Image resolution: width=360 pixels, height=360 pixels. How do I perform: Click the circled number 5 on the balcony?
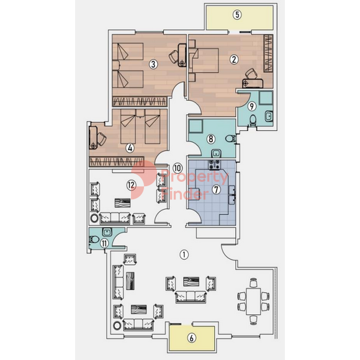[237, 15]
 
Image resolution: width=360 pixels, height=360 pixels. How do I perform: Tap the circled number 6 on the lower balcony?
[192, 338]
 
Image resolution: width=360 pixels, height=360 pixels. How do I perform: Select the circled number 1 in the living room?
[184, 254]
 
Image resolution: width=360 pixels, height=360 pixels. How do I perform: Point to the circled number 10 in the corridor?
[178, 168]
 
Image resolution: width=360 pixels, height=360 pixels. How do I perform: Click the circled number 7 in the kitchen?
[216, 190]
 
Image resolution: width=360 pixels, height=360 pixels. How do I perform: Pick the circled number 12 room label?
[132, 185]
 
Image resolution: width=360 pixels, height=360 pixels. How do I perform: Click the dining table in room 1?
[253, 302]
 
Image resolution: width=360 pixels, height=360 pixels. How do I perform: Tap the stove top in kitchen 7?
[214, 164]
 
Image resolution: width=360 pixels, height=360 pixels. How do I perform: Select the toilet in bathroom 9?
[253, 120]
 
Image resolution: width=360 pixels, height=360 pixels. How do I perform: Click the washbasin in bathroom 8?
[216, 153]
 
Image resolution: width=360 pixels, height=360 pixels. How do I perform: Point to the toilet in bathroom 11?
[94, 240]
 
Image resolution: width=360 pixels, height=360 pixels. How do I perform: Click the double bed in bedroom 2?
[204, 60]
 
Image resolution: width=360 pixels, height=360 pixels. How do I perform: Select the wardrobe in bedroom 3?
[140, 101]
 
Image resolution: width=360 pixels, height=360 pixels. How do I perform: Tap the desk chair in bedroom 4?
[101, 139]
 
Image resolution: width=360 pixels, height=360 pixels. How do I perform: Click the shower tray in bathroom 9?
[266, 97]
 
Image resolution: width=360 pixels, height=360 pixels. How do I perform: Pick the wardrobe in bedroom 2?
[268, 53]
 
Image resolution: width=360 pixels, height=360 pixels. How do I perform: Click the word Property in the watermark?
[195, 177]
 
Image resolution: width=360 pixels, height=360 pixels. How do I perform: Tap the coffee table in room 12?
[123, 203]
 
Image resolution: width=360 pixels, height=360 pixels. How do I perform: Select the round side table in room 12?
[94, 218]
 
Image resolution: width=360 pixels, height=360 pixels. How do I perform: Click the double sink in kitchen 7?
[232, 195]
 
